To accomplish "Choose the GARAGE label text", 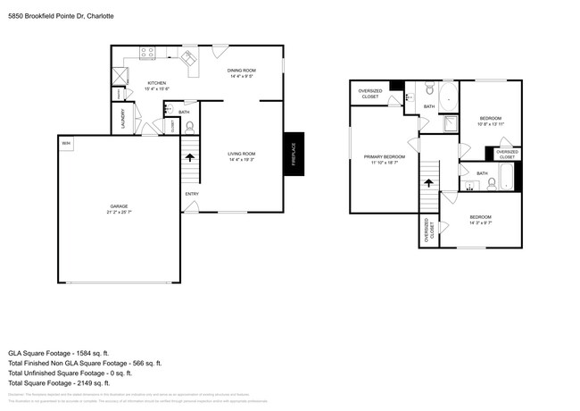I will click(118, 210).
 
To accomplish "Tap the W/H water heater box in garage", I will click(66, 143).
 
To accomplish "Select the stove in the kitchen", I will click(147, 53).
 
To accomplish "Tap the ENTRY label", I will click(192, 194).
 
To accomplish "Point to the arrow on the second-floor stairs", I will click(428, 182).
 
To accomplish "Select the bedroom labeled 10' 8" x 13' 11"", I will click(490, 121).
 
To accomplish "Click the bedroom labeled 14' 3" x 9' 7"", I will click(480, 221).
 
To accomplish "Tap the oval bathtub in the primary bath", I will click(447, 94).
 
